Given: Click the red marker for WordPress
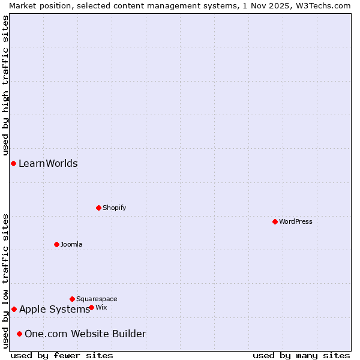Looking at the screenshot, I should pyautogui.click(x=275, y=221).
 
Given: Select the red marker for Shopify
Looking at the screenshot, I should pyautogui.click(x=98, y=208).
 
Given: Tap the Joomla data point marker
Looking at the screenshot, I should pyautogui.click(x=56, y=244).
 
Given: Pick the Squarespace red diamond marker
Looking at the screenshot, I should pyautogui.click(x=72, y=299).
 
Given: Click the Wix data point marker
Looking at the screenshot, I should pyautogui.click(x=91, y=307).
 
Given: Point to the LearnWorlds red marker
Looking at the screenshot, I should pyautogui.click(x=13, y=163).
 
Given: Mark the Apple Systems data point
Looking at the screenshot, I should pyautogui.click(x=14, y=309).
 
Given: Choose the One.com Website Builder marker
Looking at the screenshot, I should pyautogui.click(x=19, y=334).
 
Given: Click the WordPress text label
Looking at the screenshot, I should pyautogui.click(x=296, y=221).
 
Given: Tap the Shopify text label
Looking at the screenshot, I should pyautogui.click(x=114, y=208).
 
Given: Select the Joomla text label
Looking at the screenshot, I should pyautogui.click(x=71, y=244).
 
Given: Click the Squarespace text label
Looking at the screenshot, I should pyautogui.click(x=97, y=299).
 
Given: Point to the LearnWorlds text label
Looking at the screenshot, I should pyautogui.click(x=48, y=163).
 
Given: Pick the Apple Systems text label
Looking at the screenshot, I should pyautogui.click(x=54, y=309).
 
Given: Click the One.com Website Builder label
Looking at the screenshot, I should pyautogui.click(x=85, y=334).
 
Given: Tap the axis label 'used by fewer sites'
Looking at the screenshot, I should pyautogui.click(x=62, y=355).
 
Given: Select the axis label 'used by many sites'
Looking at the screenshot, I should pyautogui.click(x=301, y=355).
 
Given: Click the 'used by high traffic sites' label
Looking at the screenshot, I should pyautogui.click(x=5, y=85).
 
